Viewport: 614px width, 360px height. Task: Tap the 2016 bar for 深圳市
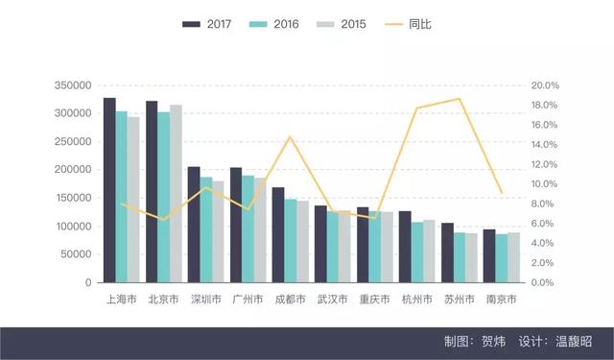(205, 229)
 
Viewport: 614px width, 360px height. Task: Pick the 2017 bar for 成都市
(278, 235)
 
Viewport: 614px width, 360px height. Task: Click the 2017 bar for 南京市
(489, 256)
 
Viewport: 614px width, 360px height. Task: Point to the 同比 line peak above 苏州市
(460, 99)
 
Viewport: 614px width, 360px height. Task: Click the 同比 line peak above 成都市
(291, 136)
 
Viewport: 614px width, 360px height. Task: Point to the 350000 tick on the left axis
(71, 85)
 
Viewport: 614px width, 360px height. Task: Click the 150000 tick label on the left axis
(71, 199)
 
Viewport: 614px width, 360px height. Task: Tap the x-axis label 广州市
(248, 300)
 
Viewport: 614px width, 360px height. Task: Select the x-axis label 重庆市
(374, 300)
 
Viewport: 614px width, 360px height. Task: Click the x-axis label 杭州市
(417, 300)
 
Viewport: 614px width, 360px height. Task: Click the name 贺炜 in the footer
(492, 342)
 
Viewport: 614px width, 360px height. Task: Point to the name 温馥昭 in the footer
(573, 342)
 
